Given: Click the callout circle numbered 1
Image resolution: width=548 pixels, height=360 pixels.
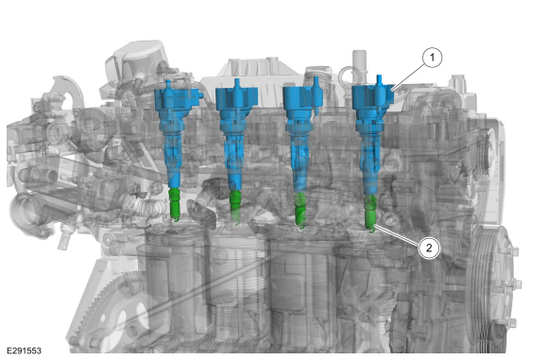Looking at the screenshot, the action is point(432,57).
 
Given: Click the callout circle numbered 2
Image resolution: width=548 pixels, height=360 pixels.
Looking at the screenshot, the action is point(429,248).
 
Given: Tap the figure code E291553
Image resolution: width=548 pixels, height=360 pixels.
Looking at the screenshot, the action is point(24,351).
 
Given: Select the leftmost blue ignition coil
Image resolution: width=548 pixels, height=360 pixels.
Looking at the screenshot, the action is point(173,133).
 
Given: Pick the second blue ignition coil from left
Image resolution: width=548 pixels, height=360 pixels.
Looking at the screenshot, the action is point(235,134).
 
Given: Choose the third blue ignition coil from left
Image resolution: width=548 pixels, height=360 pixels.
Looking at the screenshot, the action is point(300,134).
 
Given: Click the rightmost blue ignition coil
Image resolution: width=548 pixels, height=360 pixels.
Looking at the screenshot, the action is point(370,134).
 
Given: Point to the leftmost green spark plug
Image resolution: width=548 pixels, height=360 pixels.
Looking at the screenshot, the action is point(175,205).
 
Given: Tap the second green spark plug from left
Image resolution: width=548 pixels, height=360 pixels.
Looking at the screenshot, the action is point(235,207).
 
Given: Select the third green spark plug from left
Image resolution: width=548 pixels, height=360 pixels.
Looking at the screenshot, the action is point(300,210).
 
